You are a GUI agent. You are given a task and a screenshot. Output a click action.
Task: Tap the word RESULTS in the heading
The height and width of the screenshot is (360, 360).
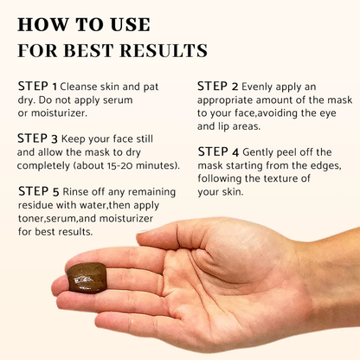(x=161, y=51)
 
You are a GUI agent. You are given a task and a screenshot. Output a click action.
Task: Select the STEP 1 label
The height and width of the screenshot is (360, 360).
(x=38, y=87)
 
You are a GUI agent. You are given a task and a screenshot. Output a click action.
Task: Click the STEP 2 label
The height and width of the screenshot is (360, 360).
(x=217, y=86)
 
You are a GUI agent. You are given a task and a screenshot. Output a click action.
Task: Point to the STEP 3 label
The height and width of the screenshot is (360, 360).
(x=38, y=138)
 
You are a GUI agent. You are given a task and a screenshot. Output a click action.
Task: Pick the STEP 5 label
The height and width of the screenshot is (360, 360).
(x=38, y=191)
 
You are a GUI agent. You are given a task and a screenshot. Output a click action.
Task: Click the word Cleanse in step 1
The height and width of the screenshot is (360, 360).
(x=85, y=87)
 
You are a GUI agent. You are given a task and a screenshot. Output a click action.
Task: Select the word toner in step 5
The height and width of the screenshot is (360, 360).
(x=32, y=220)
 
